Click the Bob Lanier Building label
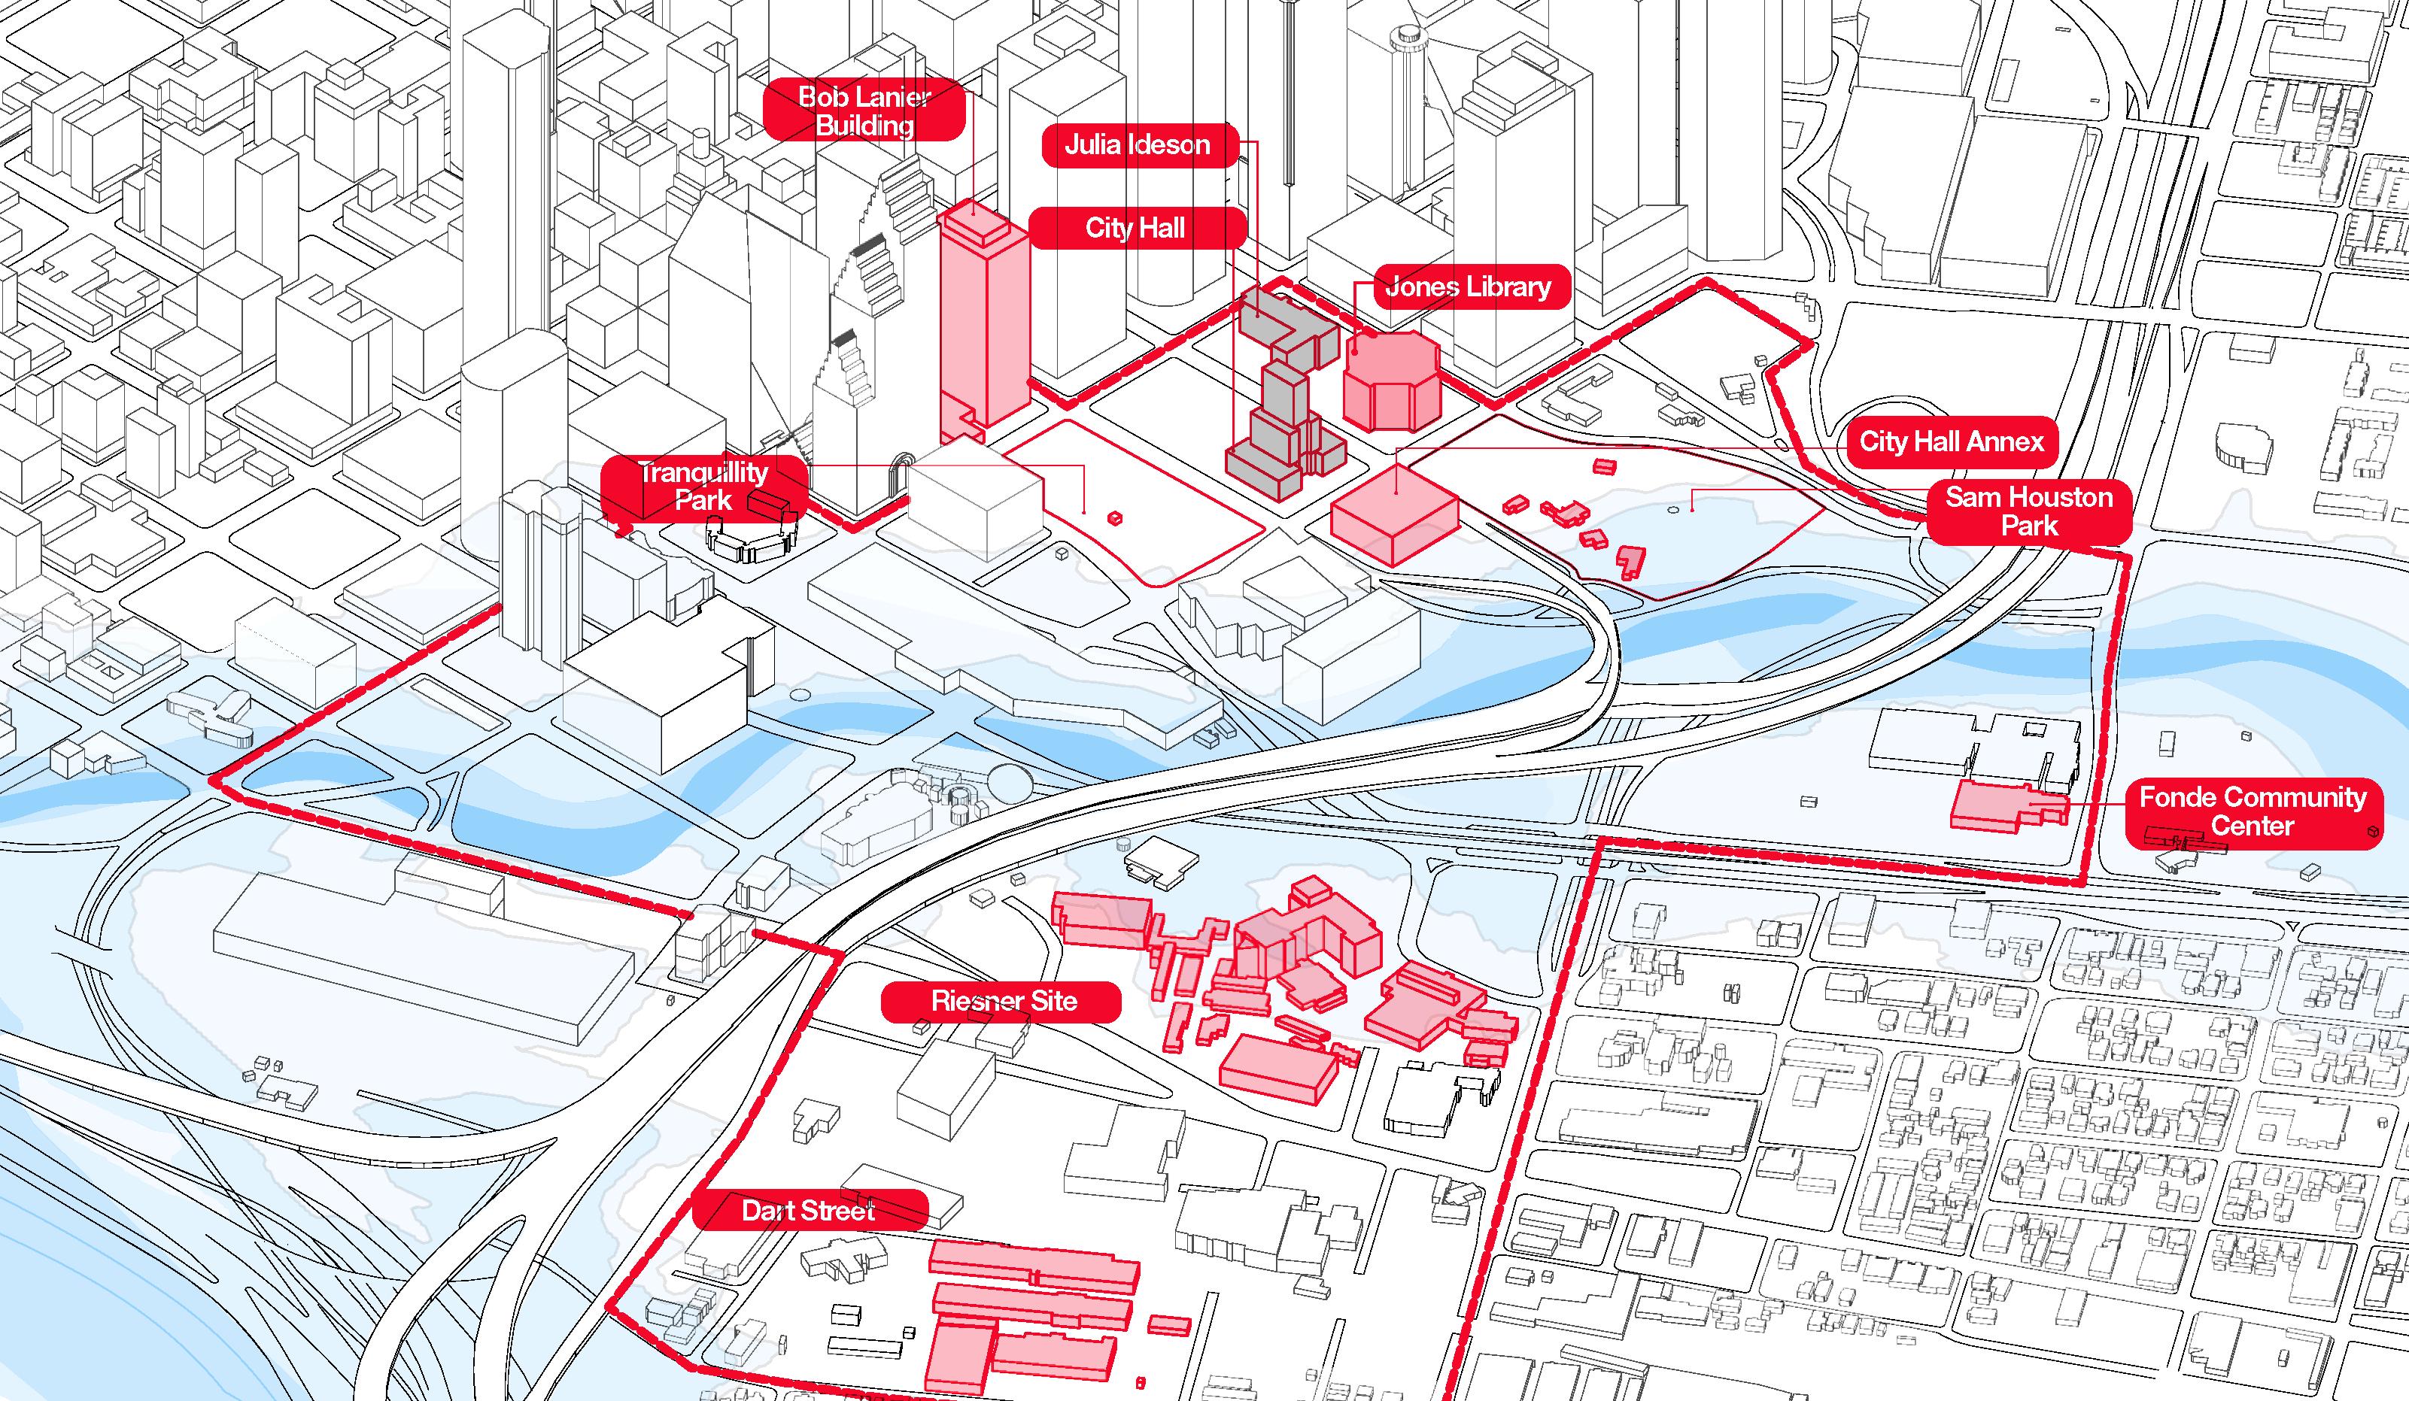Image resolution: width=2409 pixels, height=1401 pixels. click(x=864, y=111)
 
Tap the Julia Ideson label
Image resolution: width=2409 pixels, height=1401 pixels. click(x=1138, y=145)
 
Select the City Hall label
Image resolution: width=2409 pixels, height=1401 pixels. click(x=1136, y=229)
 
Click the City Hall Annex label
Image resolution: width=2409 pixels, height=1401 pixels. click(x=1950, y=441)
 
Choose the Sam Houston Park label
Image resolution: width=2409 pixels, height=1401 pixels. click(x=2028, y=511)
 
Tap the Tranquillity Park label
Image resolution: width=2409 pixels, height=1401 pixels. click(x=703, y=486)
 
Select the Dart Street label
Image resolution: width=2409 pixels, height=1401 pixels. click(x=809, y=1211)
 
